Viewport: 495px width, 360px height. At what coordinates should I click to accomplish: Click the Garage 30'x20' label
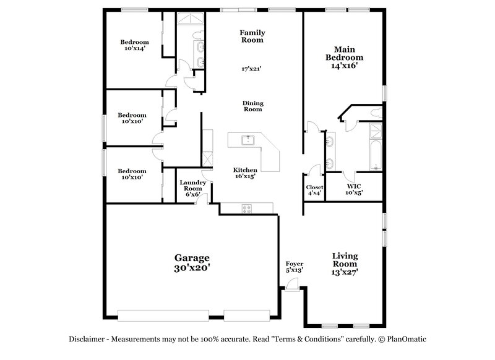click(x=191, y=263)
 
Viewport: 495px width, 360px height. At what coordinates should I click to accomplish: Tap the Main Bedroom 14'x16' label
click(x=348, y=58)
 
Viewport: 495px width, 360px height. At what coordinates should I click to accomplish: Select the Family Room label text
click(x=252, y=35)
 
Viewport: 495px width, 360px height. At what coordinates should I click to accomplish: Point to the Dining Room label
click(x=252, y=105)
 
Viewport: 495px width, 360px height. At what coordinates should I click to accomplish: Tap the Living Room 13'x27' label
click(x=345, y=263)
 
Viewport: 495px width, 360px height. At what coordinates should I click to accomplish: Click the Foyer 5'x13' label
click(x=294, y=267)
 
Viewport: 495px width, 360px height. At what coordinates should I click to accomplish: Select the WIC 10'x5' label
click(x=354, y=189)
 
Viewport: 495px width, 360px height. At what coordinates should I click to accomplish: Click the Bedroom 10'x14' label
click(x=134, y=45)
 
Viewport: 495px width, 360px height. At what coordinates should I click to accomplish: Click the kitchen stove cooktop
click(x=246, y=209)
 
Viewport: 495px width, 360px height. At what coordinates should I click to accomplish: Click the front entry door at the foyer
click(x=291, y=285)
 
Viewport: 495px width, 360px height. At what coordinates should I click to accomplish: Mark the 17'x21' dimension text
click(x=252, y=69)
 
